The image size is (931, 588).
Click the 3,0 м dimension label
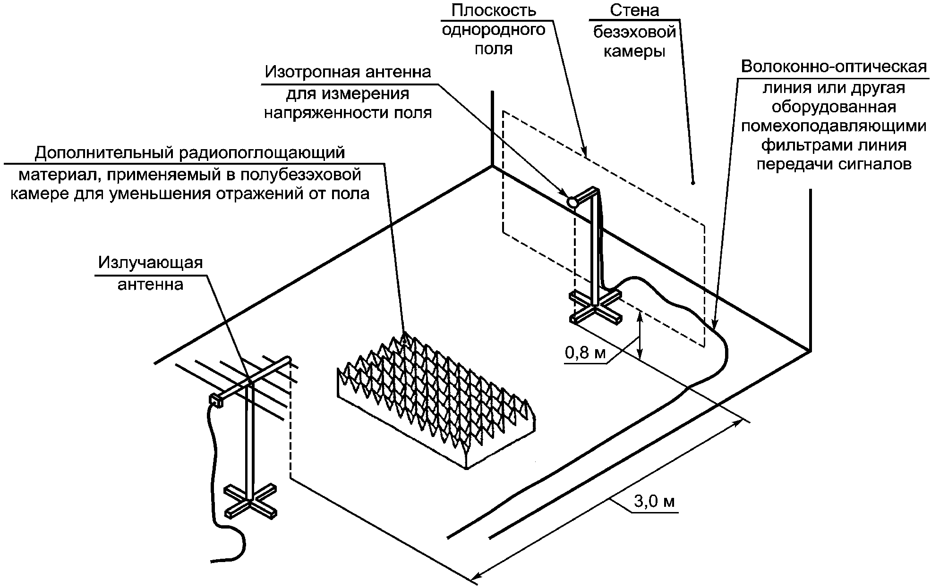click(x=654, y=502)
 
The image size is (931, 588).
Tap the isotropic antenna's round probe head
click(x=572, y=202)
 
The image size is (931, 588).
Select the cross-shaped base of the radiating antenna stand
click(x=250, y=500)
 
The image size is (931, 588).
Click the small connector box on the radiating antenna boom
click(x=216, y=400)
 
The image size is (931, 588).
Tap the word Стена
click(x=634, y=10)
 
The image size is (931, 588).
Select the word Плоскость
click(x=493, y=10)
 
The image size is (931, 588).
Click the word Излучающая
click(x=150, y=262)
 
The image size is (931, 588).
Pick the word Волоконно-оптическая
click(x=834, y=67)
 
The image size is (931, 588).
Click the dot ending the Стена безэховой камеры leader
click(x=692, y=183)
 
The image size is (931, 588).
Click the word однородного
click(x=493, y=30)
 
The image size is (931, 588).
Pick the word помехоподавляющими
click(x=834, y=126)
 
